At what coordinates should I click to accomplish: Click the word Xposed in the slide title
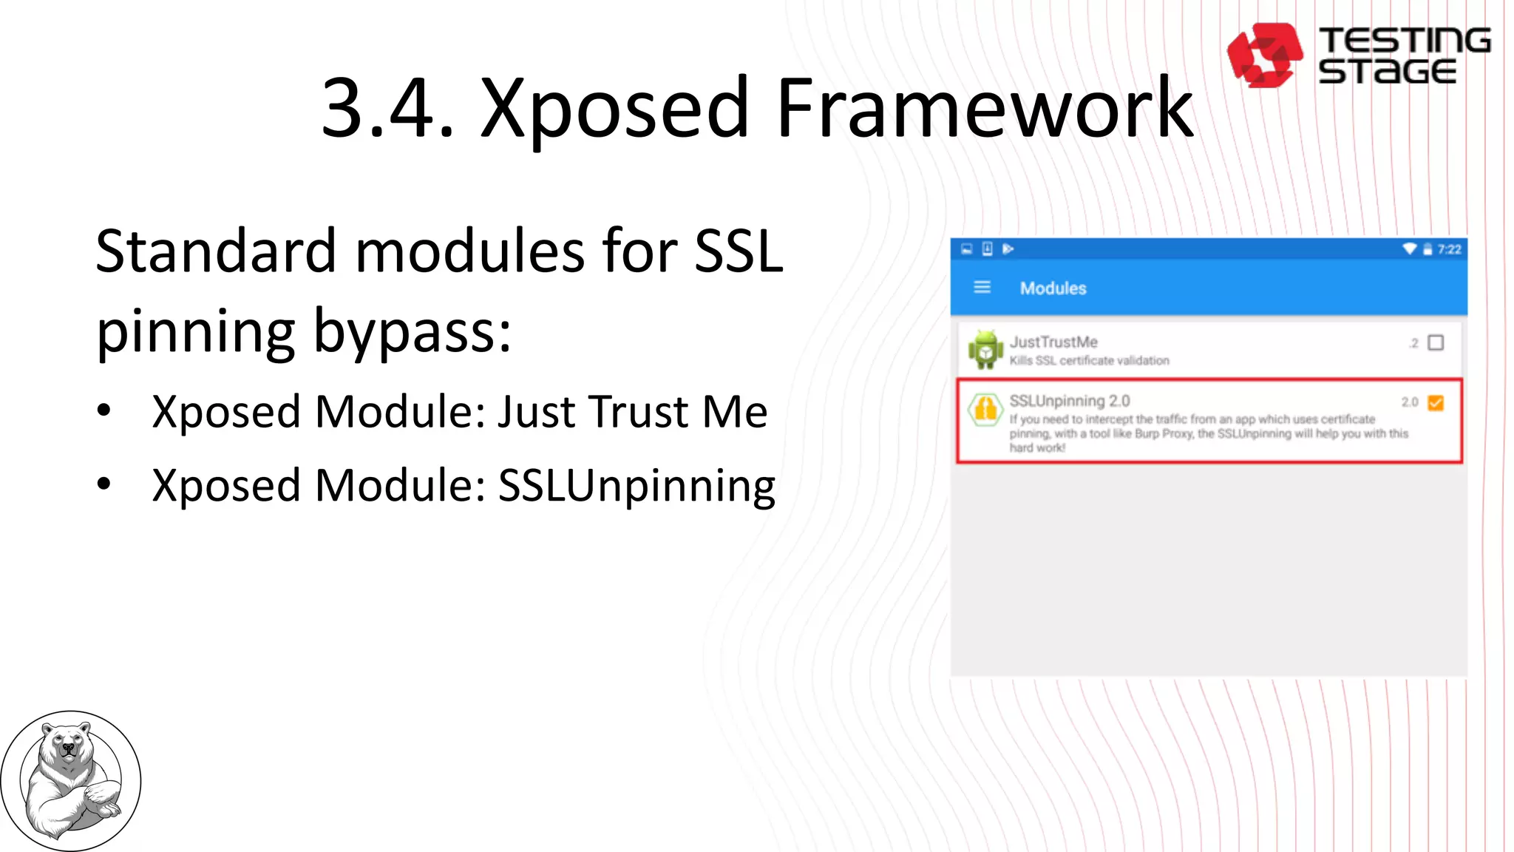(x=615, y=109)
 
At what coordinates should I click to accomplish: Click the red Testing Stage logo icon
(x=1264, y=55)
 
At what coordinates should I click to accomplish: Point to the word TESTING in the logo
(x=1405, y=40)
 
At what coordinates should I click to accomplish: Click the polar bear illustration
(x=70, y=780)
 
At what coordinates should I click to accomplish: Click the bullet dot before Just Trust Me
(x=104, y=410)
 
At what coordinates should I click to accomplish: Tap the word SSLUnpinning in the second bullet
(x=637, y=486)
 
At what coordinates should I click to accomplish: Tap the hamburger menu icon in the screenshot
(x=982, y=287)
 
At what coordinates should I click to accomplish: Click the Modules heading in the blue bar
(x=1053, y=288)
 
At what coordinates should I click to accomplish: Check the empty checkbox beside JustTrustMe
(x=1436, y=342)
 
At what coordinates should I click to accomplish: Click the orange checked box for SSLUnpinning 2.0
(x=1436, y=402)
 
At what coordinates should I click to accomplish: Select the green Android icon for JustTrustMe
(x=985, y=349)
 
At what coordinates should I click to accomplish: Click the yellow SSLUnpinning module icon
(x=985, y=408)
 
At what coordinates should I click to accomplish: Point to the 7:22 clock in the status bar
(x=1449, y=249)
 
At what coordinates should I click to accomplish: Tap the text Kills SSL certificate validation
(x=1089, y=360)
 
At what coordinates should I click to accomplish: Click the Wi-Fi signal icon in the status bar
(x=1409, y=248)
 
